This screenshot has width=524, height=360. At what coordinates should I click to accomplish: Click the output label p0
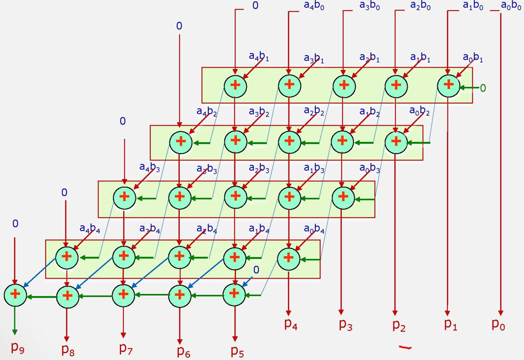(498, 324)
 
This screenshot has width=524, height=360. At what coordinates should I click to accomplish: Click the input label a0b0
(511, 6)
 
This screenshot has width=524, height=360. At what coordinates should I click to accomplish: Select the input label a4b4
(89, 229)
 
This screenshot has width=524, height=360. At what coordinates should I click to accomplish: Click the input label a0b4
(314, 229)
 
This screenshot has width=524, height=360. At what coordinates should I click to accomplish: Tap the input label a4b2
(207, 112)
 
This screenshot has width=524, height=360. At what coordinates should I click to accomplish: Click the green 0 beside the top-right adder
(483, 88)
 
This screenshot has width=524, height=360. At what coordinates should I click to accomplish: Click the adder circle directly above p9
(15, 294)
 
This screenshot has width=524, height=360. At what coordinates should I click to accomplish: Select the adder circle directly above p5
(233, 294)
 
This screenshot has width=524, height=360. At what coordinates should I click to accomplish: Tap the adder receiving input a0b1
(449, 85)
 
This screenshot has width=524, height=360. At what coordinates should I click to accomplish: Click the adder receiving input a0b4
(288, 258)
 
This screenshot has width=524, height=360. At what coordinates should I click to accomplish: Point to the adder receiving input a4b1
(235, 86)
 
